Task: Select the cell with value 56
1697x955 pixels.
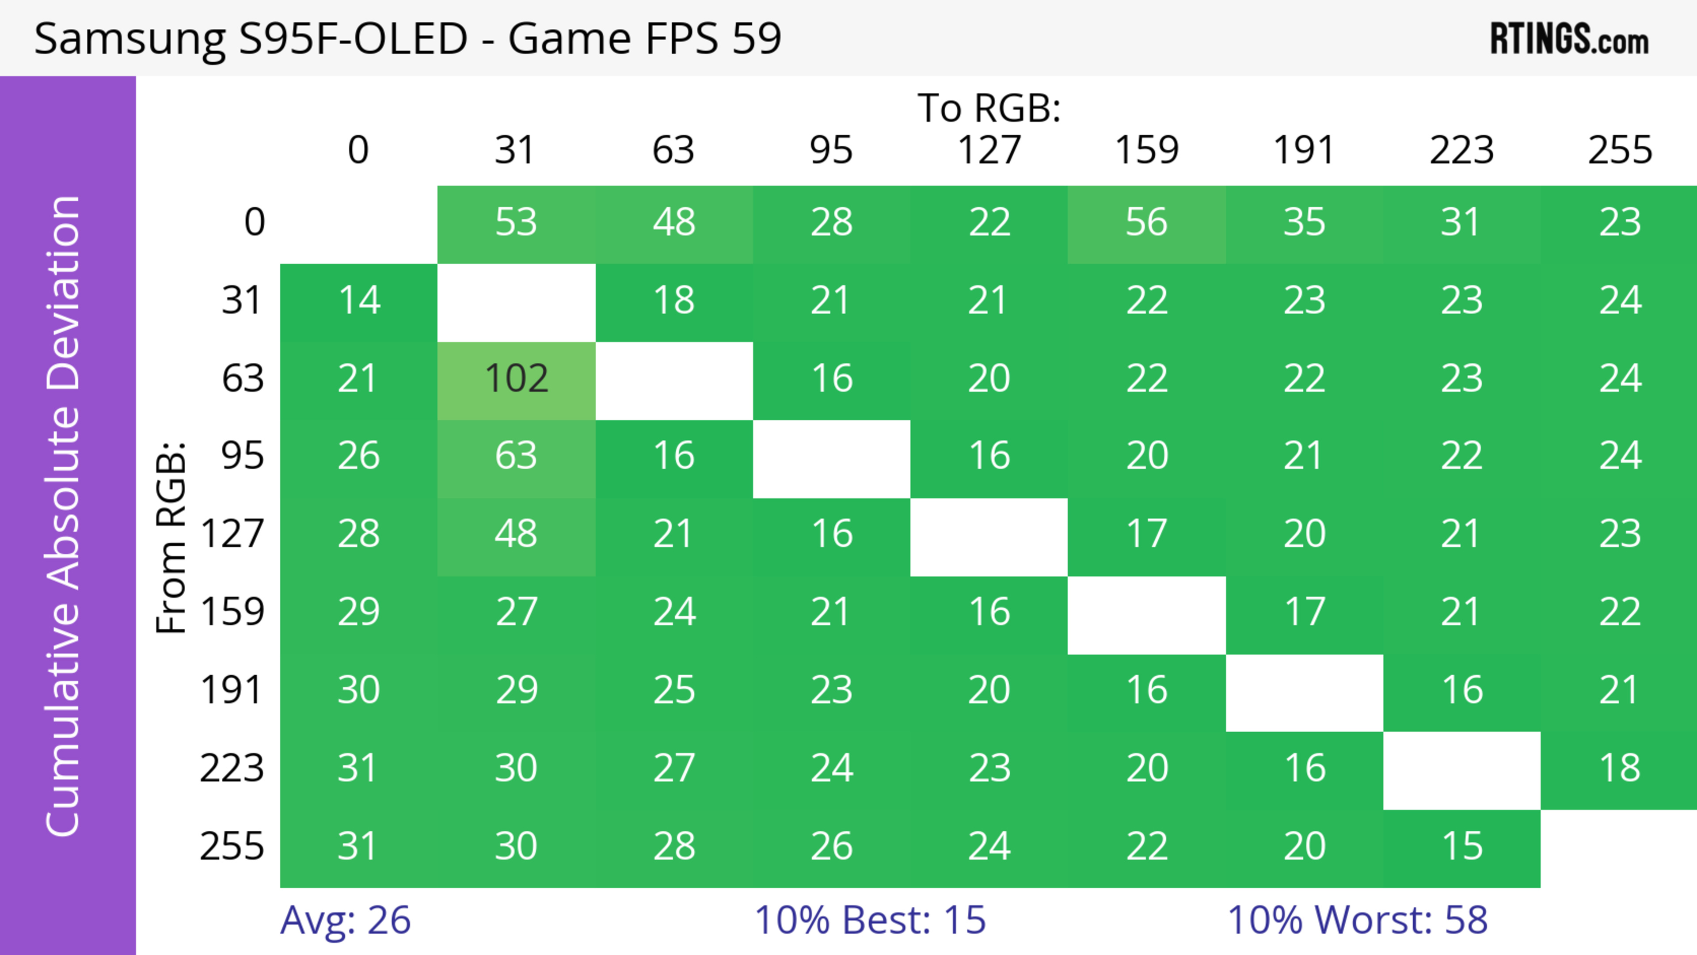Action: [1146, 223]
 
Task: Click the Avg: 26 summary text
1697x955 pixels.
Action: [345, 920]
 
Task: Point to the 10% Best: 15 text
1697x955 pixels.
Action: [870, 920]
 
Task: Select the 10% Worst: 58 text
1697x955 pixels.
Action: [1357, 920]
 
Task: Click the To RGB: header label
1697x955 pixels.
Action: [989, 108]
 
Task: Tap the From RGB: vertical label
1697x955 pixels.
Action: [171, 537]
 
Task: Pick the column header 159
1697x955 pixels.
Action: [1146, 150]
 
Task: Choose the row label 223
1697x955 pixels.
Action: [232, 768]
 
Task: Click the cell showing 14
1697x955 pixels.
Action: [359, 301]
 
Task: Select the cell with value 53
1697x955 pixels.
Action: [517, 223]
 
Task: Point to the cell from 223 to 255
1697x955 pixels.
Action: [1619, 768]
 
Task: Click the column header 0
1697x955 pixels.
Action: [358, 150]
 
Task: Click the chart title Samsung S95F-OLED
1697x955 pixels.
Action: [250, 38]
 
